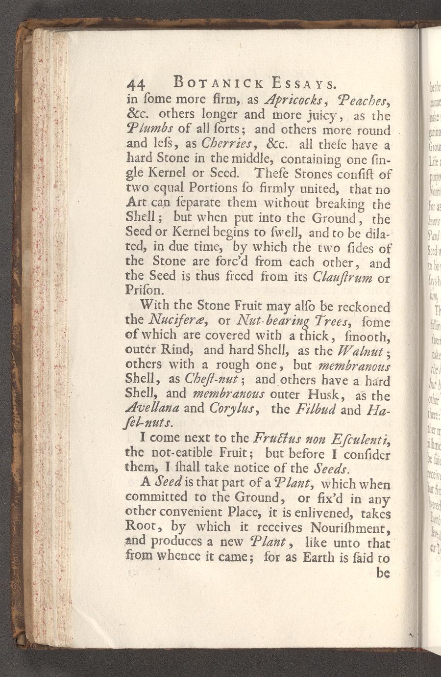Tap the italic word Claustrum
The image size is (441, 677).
[343, 278]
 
